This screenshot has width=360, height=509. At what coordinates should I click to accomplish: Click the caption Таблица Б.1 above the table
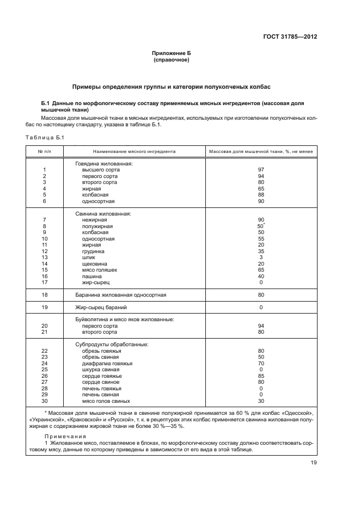45,137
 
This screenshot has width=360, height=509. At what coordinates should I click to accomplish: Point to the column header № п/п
44,151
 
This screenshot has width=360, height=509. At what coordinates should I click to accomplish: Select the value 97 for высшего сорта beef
261,169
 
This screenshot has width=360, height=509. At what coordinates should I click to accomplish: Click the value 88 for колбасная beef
261,194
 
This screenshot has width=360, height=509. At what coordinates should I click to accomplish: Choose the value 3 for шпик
261,257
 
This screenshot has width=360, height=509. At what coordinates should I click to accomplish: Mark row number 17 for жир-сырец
45,283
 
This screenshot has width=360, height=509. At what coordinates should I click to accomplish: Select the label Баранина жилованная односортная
121,295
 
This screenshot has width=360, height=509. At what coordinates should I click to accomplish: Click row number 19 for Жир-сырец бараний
45,307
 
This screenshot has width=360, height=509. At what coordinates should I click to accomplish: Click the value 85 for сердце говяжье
261,376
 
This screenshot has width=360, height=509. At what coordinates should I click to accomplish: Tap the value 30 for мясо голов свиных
261,401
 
